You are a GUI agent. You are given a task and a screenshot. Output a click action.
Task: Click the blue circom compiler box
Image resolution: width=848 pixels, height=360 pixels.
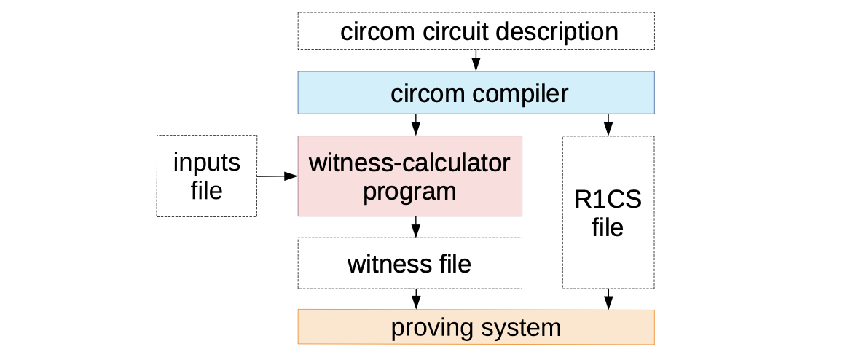click(476, 93)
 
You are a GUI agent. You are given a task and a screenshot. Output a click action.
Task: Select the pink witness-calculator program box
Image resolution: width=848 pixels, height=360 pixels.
click(409, 176)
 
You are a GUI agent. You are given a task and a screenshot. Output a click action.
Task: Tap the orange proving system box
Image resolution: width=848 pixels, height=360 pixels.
click(476, 327)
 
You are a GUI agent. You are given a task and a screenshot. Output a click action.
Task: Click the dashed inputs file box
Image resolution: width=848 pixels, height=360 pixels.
click(206, 176)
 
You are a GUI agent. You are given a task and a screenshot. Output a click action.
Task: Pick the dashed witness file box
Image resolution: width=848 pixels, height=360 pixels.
click(409, 263)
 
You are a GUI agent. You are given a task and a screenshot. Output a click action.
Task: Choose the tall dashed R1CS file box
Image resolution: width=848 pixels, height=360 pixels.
click(608, 212)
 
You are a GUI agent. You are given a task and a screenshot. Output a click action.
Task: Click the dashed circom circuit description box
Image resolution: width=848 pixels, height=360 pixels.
click(476, 31)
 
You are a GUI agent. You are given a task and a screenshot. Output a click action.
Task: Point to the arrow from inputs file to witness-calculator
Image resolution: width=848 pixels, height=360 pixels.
click(277, 176)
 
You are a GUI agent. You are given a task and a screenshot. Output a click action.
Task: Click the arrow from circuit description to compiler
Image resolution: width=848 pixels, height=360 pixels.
click(476, 60)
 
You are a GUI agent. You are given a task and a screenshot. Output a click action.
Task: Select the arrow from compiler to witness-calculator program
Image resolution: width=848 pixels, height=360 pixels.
click(416, 125)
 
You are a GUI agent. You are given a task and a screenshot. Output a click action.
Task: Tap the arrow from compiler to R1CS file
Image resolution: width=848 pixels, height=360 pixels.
click(608, 125)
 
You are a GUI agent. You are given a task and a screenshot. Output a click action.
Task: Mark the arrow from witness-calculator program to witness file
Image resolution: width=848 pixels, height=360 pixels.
click(416, 227)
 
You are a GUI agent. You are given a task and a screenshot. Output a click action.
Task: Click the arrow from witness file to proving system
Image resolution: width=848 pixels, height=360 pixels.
click(416, 299)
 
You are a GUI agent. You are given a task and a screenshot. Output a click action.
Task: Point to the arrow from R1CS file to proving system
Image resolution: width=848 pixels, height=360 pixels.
click(608, 299)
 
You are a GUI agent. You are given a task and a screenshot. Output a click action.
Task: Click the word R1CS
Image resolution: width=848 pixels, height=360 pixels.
click(608, 199)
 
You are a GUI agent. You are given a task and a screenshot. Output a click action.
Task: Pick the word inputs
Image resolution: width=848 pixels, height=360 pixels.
click(206, 163)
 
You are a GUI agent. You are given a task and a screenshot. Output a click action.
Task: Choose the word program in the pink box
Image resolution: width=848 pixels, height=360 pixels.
click(409, 191)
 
